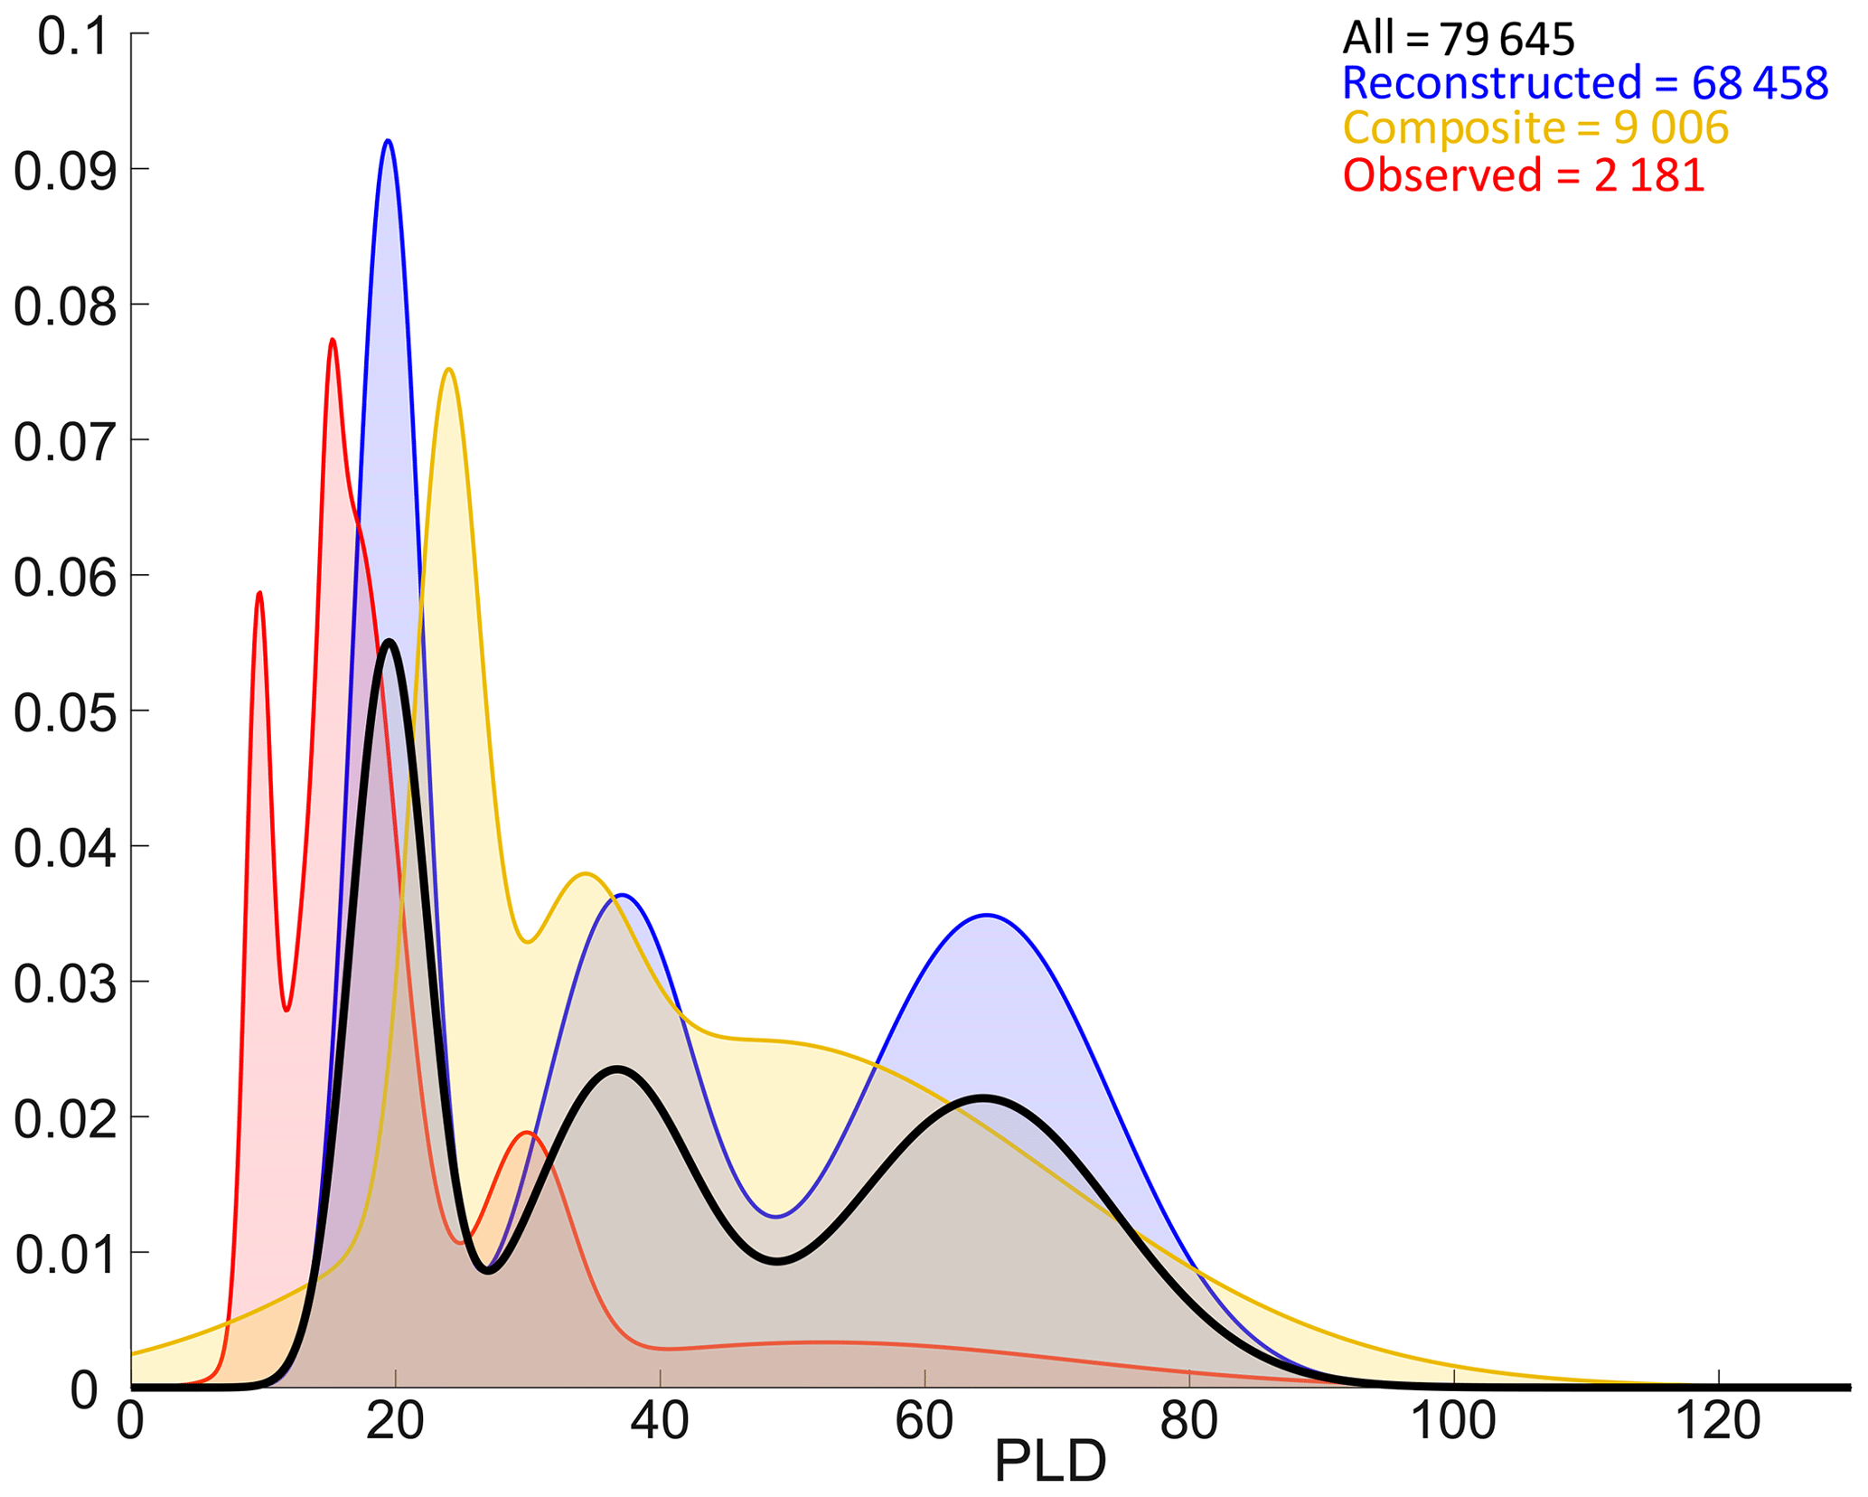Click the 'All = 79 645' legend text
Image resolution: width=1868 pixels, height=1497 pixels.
coord(1458,39)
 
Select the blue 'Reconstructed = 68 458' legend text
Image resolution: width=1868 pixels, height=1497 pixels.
coord(1585,83)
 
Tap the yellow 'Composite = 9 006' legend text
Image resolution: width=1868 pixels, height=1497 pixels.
coord(1535,128)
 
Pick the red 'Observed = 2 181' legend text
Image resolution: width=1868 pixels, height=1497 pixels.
coord(1524,174)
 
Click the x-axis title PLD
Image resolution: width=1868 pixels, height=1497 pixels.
coord(1050,1462)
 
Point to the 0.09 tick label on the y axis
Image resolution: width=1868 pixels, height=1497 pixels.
coord(65,171)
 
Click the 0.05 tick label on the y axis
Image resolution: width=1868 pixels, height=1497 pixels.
coord(65,712)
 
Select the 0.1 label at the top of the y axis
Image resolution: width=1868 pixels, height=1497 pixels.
coord(73,39)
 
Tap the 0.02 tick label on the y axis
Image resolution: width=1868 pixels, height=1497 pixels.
coord(65,1119)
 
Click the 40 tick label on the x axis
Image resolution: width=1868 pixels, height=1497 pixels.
coord(660,1420)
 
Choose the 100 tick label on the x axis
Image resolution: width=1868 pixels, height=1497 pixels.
coord(1453,1420)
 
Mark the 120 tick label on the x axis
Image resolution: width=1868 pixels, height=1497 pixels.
coord(1718,1420)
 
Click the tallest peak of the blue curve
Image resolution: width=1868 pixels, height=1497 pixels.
coord(388,141)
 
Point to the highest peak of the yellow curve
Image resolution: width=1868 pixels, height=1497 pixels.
coord(448,370)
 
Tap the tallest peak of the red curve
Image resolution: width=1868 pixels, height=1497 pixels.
coord(333,340)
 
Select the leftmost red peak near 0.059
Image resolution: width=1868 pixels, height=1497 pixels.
coord(259,593)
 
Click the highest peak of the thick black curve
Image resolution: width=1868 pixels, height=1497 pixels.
coord(390,641)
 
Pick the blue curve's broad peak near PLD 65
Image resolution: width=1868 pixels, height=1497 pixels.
coord(988,916)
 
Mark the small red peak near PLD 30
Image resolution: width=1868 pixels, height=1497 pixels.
coord(527,1133)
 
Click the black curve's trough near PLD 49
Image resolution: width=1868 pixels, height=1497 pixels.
coord(778,1262)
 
